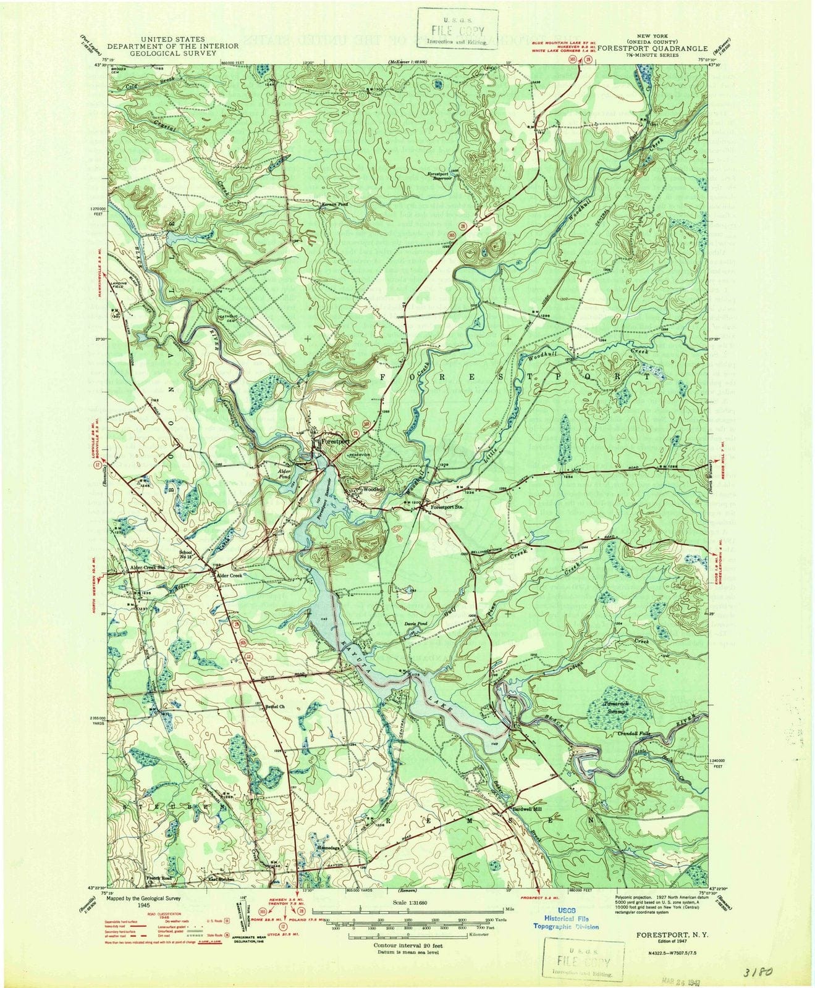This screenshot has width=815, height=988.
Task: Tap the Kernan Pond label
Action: click(334, 204)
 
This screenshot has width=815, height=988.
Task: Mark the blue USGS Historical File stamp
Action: click(566, 923)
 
